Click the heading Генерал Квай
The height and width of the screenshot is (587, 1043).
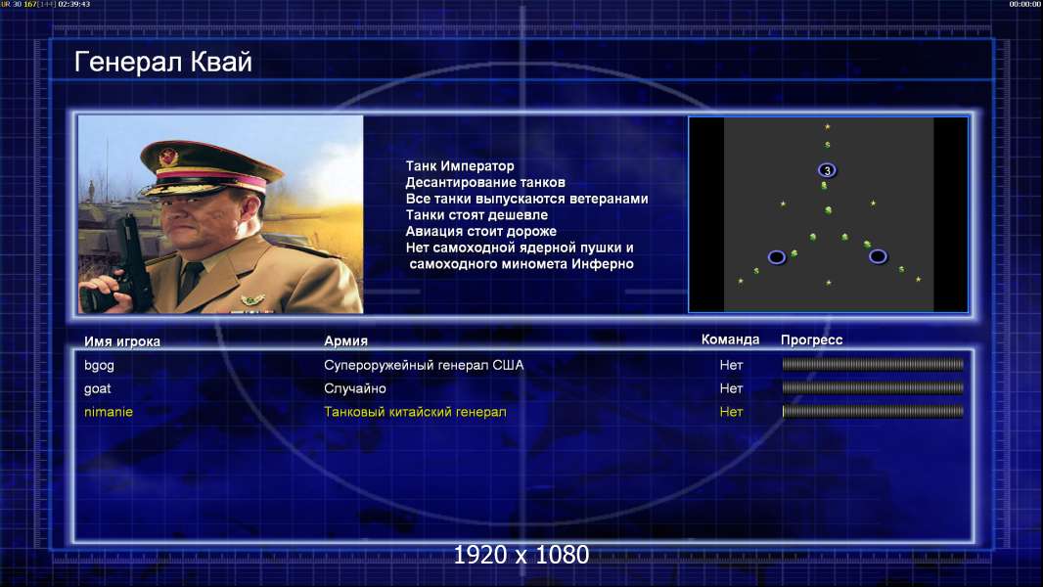pyautogui.click(x=163, y=62)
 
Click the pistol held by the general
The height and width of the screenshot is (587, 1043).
pyautogui.click(x=130, y=266)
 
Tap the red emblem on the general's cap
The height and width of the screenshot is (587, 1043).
pyautogui.click(x=168, y=157)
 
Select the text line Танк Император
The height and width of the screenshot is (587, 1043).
pyautogui.click(x=460, y=166)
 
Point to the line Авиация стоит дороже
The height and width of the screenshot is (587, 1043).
pyautogui.click(x=481, y=231)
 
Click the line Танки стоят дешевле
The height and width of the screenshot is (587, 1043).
pyautogui.click(x=476, y=214)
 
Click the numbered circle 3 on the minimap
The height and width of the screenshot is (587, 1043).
pyautogui.click(x=827, y=170)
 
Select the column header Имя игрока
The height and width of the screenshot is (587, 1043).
pyautogui.click(x=122, y=341)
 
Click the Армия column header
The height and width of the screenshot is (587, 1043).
pyautogui.click(x=346, y=340)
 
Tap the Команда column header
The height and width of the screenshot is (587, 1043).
pyautogui.click(x=730, y=339)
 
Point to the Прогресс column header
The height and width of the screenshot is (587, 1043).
pyautogui.click(x=811, y=339)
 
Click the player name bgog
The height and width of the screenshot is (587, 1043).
pyautogui.click(x=99, y=365)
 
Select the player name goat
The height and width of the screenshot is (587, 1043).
pyautogui.click(x=98, y=388)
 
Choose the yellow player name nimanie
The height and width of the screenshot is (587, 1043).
pyautogui.click(x=109, y=412)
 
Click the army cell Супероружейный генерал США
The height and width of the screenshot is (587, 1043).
pyautogui.click(x=424, y=365)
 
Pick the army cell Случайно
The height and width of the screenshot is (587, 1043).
pyautogui.click(x=355, y=388)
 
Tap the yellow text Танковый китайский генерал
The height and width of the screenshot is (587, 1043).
pyautogui.click(x=415, y=412)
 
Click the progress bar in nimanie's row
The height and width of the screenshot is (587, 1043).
pyautogui.click(x=873, y=412)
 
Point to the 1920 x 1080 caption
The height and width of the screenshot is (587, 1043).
pyautogui.click(x=521, y=555)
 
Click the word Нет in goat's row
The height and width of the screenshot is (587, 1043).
pyautogui.click(x=731, y=388)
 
